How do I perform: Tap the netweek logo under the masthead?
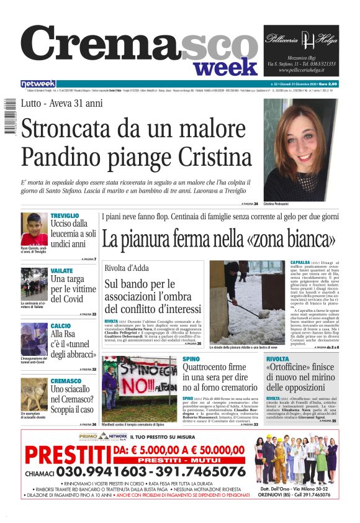(x=38, y=84)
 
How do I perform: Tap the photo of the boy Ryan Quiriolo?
(x=34, y=229)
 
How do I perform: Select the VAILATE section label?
(x=61, y=271)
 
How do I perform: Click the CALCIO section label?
(x=60, y=325)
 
